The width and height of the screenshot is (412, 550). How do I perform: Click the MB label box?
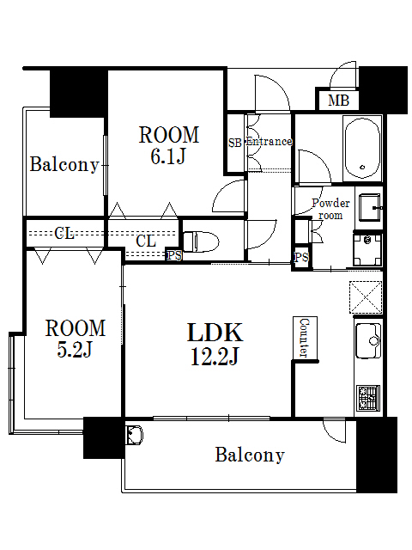338,101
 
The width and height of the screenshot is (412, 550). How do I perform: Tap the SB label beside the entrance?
234,143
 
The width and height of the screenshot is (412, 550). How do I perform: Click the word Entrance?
269,142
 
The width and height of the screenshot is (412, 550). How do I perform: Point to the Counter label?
304,338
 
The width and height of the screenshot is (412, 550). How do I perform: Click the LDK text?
215,333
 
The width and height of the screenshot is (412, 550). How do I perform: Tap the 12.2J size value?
215,356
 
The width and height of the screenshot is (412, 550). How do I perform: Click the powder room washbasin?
370,206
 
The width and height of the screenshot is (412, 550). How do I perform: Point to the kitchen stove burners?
369,397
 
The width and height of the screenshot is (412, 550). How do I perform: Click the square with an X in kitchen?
365,296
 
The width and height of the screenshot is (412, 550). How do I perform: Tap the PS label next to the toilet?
174,255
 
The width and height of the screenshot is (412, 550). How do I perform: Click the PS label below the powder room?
301,257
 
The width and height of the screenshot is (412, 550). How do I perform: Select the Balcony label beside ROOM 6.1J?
64,164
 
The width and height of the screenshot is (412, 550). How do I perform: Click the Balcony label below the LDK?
250,455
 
